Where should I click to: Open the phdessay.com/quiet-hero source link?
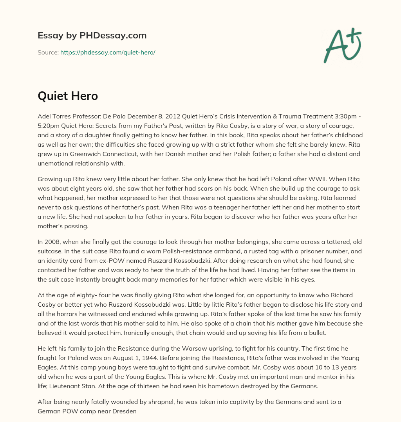click(108, 52)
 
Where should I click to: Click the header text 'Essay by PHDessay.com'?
click(92, 35)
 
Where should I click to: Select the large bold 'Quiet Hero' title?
click(68, 96)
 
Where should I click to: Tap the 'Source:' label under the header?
click(48, 52)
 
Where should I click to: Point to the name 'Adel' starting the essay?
click(45, 116)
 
